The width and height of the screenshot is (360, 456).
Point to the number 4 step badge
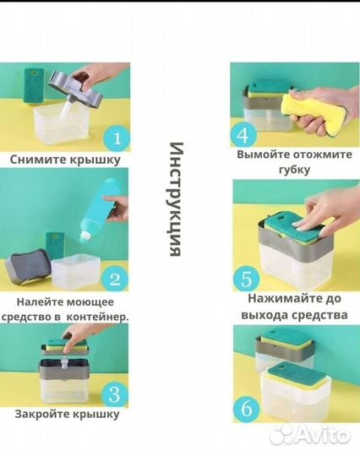point(243,135)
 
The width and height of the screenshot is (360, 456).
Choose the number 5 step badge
point(245,278)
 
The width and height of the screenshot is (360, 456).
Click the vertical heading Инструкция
point(176,199)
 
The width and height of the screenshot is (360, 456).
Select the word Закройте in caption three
point(43,414)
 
